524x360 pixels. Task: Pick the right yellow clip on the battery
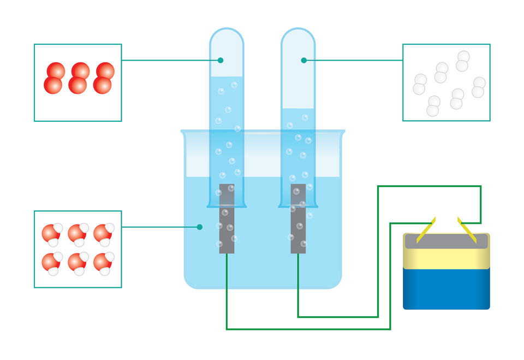click(467, 229)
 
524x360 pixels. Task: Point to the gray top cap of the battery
click(446, 241)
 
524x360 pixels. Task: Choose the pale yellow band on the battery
click(446, 258)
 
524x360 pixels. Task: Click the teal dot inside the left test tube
click(221, 60)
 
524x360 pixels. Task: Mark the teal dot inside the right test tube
click(303, 60)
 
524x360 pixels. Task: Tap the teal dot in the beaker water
click(200, 227)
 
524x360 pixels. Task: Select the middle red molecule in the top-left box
click(79, 78)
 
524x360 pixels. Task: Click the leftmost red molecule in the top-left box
click(55, 78)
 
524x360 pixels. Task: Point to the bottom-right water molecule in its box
click(103, 262)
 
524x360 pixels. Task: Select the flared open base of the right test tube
click(298, 205)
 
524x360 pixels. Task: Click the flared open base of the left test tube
click(227, 205)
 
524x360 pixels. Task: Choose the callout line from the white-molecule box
click(355, 60)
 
